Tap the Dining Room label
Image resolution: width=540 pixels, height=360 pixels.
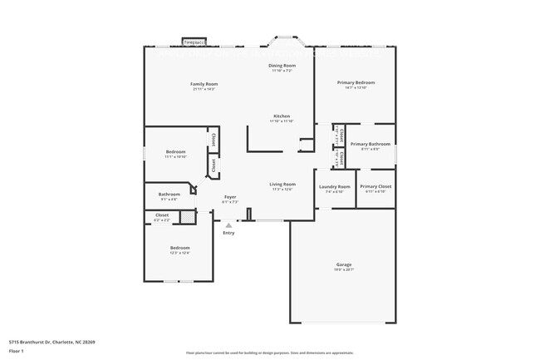[x=282, y=66]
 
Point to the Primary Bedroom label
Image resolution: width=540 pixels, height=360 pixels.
[x=356, y=82]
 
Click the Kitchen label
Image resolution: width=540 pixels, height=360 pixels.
[x=282, y=116]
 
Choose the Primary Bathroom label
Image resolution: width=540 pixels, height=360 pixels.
[x=370, y=144]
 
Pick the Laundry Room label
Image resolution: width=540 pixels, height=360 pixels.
[x=335, y=186]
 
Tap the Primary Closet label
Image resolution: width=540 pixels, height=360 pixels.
[x=375, y=186]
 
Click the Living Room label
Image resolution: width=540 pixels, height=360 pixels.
[x=282, y=184]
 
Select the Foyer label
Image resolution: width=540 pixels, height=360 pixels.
[x=230, y=197]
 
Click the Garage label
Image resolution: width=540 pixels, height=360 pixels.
[x=344, y=264]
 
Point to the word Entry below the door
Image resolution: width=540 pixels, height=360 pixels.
[x=228, y=233]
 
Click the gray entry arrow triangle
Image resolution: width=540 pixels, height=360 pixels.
[x=228, y=224]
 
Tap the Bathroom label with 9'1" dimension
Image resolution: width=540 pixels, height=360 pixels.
[x=169, y=195]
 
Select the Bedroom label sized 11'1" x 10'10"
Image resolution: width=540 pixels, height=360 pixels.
[x=175, y=151]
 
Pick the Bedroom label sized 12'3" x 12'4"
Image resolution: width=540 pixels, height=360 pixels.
[x=180, y=248]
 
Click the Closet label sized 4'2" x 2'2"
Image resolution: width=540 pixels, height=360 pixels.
[x=162, y=215]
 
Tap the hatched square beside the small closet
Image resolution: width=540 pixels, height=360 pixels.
[x=188, y=217]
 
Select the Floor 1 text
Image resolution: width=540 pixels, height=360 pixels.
[x=16, y=351]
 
